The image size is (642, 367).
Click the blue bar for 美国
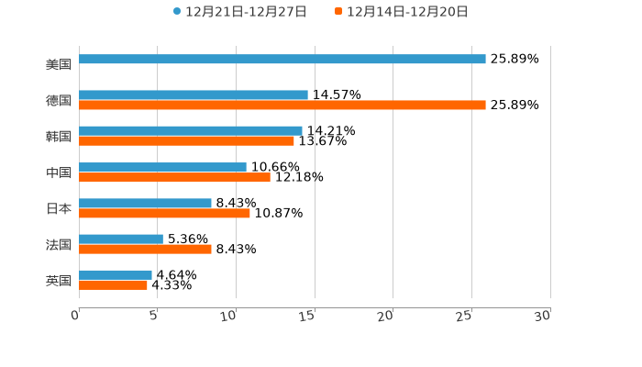click(282, 60)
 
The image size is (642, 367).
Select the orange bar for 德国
click(282, 106)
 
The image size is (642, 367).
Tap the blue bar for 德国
click(194, 95)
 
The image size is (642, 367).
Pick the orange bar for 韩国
click(187, 141)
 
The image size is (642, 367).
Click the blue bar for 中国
click(163, 168)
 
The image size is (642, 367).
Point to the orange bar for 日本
click(165, 214)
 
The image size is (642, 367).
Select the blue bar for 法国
click(121, 239)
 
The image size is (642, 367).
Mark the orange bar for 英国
click(114, 285)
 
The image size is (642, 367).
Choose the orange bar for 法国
click(146, 250)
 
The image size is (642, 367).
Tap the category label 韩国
click(59, 137)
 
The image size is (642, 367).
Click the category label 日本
click(59, 209)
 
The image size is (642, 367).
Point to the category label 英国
click(59, 281)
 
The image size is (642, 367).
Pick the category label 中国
click(59, 173)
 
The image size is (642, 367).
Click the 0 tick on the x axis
click(76, 316)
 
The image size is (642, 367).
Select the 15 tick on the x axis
click(307, 316)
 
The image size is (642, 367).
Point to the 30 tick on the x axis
click(543, 316)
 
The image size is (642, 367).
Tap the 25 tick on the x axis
click(464, 316)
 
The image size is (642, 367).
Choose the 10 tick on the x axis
click(229, 316)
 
